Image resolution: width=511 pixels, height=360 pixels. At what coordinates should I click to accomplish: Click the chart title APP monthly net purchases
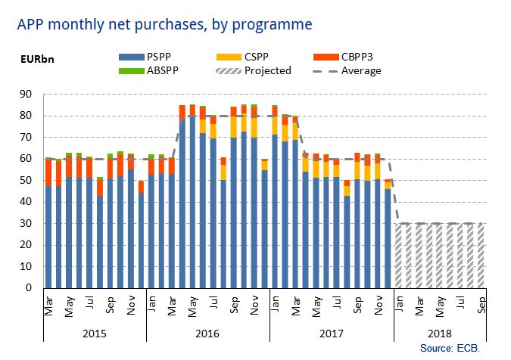coord(164,24)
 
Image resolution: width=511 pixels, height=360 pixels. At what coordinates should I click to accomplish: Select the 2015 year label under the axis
coord(95,333)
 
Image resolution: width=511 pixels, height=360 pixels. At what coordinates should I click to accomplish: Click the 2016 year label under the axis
coord(208,333)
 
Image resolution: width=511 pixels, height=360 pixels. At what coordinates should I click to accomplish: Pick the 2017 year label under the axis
coord(332,333)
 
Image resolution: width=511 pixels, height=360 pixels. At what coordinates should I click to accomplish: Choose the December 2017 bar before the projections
coord(388,238)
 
